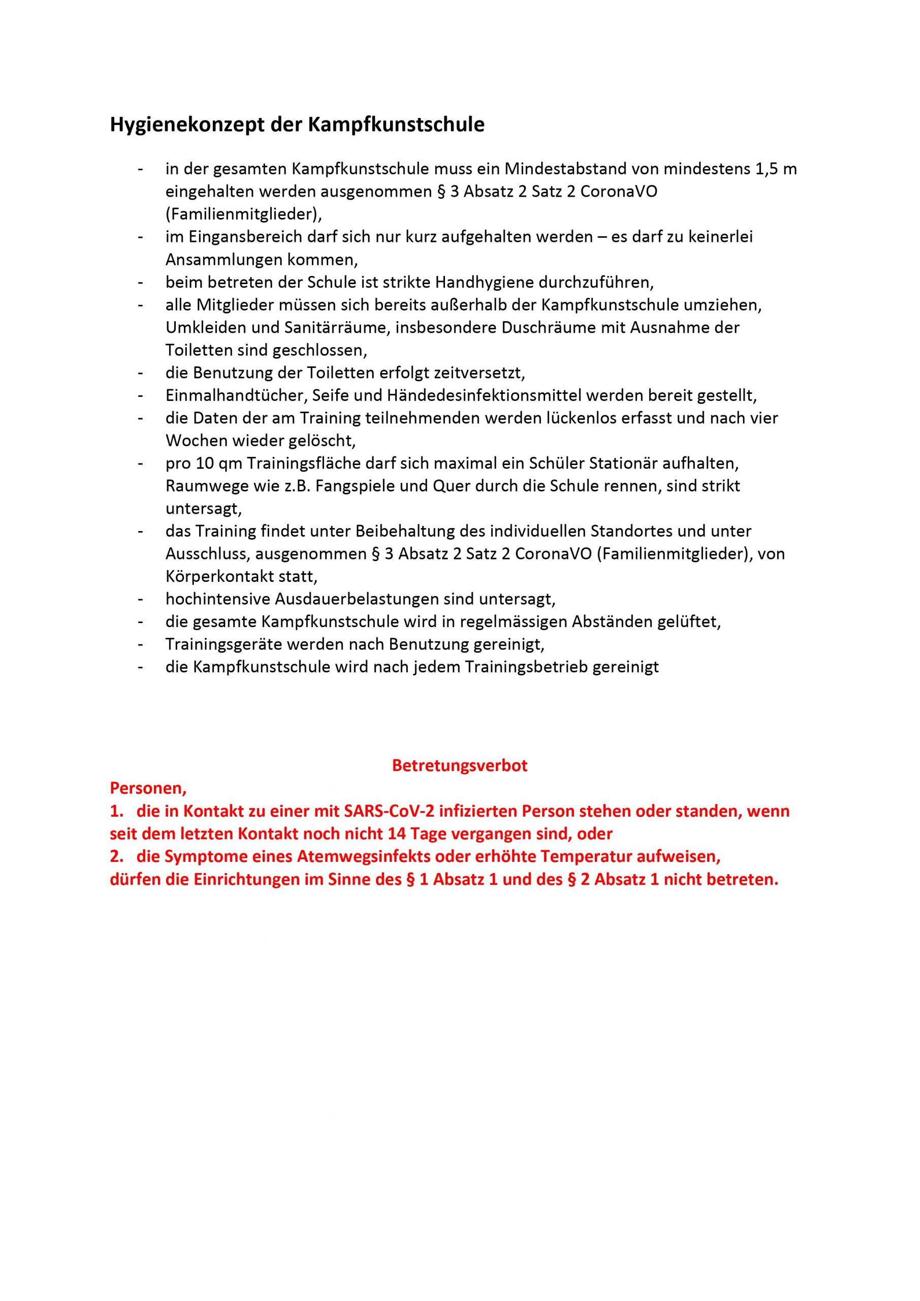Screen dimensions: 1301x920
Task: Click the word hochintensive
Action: click(218, 599)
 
